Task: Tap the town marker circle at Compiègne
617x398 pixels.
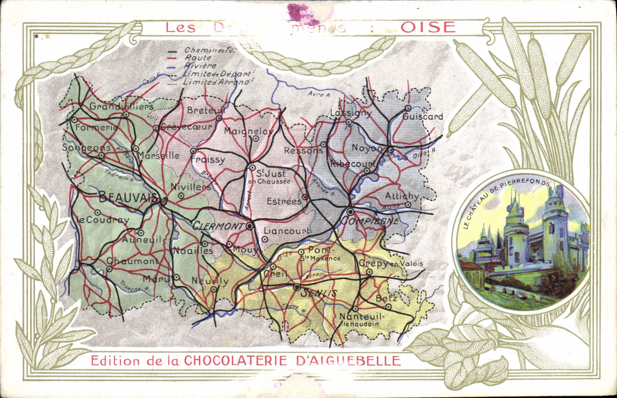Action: click(x=351, y=211)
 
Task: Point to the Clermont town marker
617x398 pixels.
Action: click(x=250, y=226)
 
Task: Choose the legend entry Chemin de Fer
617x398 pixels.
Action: click(x=210, y=50)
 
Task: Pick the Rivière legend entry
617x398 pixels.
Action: click(x=200, y=66)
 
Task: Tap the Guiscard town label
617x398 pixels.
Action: click(x=423, y=116)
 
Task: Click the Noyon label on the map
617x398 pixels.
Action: click(x=367, y=148)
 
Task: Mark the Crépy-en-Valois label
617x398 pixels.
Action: click(x=390, y=263)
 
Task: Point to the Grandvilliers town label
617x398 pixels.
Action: click(x=121, y=106)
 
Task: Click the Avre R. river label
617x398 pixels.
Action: click(x=319, y=95)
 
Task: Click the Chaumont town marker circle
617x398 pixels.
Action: click(x=109, y=269)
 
